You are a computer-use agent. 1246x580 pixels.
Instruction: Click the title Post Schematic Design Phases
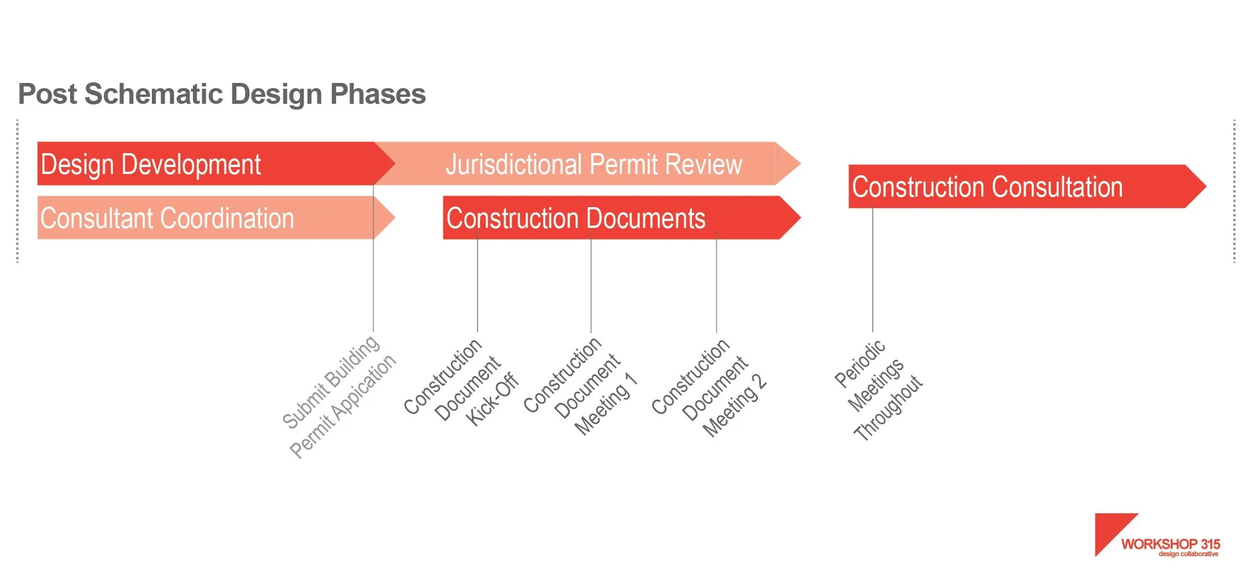tap(222, 94)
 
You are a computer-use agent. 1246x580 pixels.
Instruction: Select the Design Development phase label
tap(151, 164)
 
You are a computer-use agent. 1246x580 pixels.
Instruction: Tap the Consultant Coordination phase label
tap(167, 218)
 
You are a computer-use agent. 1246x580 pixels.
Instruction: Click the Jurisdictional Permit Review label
tap(593, 164)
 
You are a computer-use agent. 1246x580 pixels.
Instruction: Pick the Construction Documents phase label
tap(575, 218)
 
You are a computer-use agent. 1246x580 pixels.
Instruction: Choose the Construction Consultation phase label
tap(987, 187)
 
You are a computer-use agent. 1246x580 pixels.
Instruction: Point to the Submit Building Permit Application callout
tap(339, 397)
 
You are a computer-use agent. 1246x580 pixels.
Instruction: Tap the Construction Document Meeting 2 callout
tap(709, 387)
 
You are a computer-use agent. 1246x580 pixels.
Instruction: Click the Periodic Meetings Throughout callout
tap(878, 390)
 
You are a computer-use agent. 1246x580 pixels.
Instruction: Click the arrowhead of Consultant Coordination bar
tap(384, 217)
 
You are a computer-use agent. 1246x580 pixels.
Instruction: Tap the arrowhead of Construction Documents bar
tap(789, 217)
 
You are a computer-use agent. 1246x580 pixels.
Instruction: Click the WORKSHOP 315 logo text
tap(1170, 544)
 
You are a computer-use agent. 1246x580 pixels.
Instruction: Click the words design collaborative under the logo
tap(1188, 554)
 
